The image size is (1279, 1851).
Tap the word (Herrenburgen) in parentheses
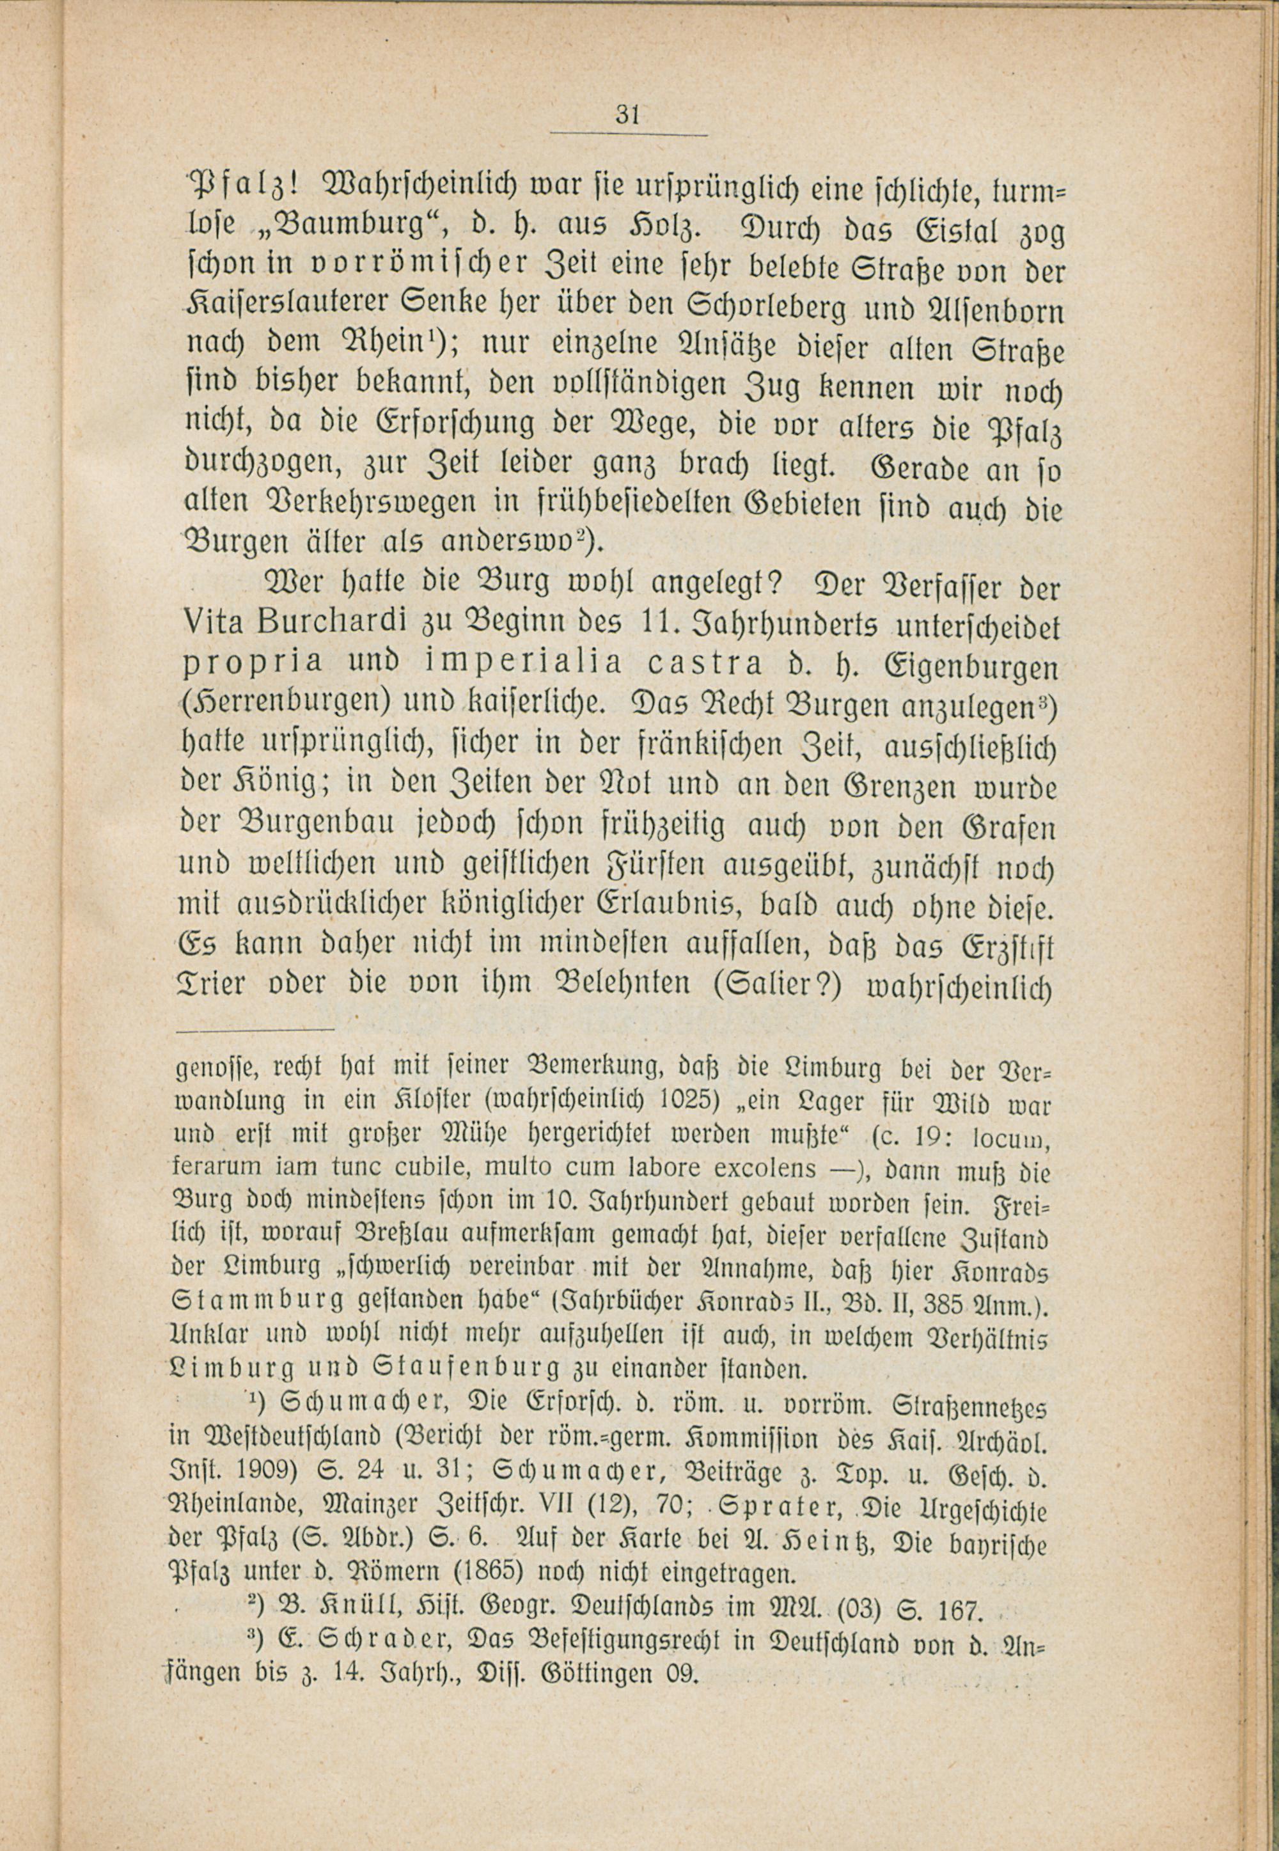[x=286, y=703]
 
